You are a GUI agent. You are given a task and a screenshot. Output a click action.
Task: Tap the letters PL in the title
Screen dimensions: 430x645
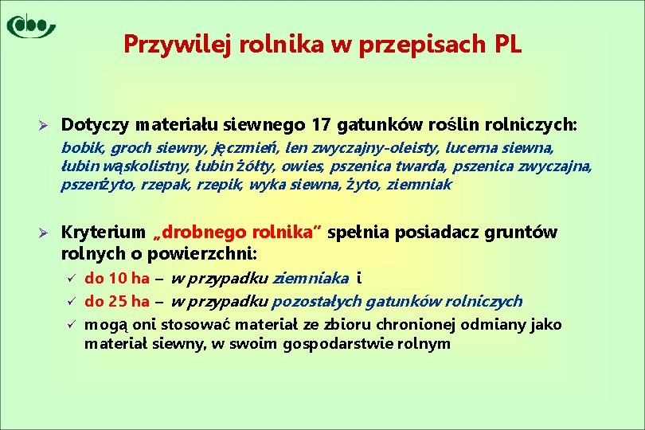(x=507, y=45)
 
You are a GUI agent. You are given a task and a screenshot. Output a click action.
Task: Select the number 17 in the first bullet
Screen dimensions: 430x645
(x=322, y=125)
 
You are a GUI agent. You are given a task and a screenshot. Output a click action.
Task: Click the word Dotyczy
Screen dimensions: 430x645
(x=96, y=125)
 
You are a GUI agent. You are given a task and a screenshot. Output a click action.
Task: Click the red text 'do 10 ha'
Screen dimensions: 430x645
(x=117, y=278)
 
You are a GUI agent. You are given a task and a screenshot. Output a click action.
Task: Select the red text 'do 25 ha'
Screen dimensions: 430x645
(x=117, y=301)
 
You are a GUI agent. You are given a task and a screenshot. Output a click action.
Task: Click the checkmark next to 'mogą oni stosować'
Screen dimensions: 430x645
(x=70, y=325)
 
